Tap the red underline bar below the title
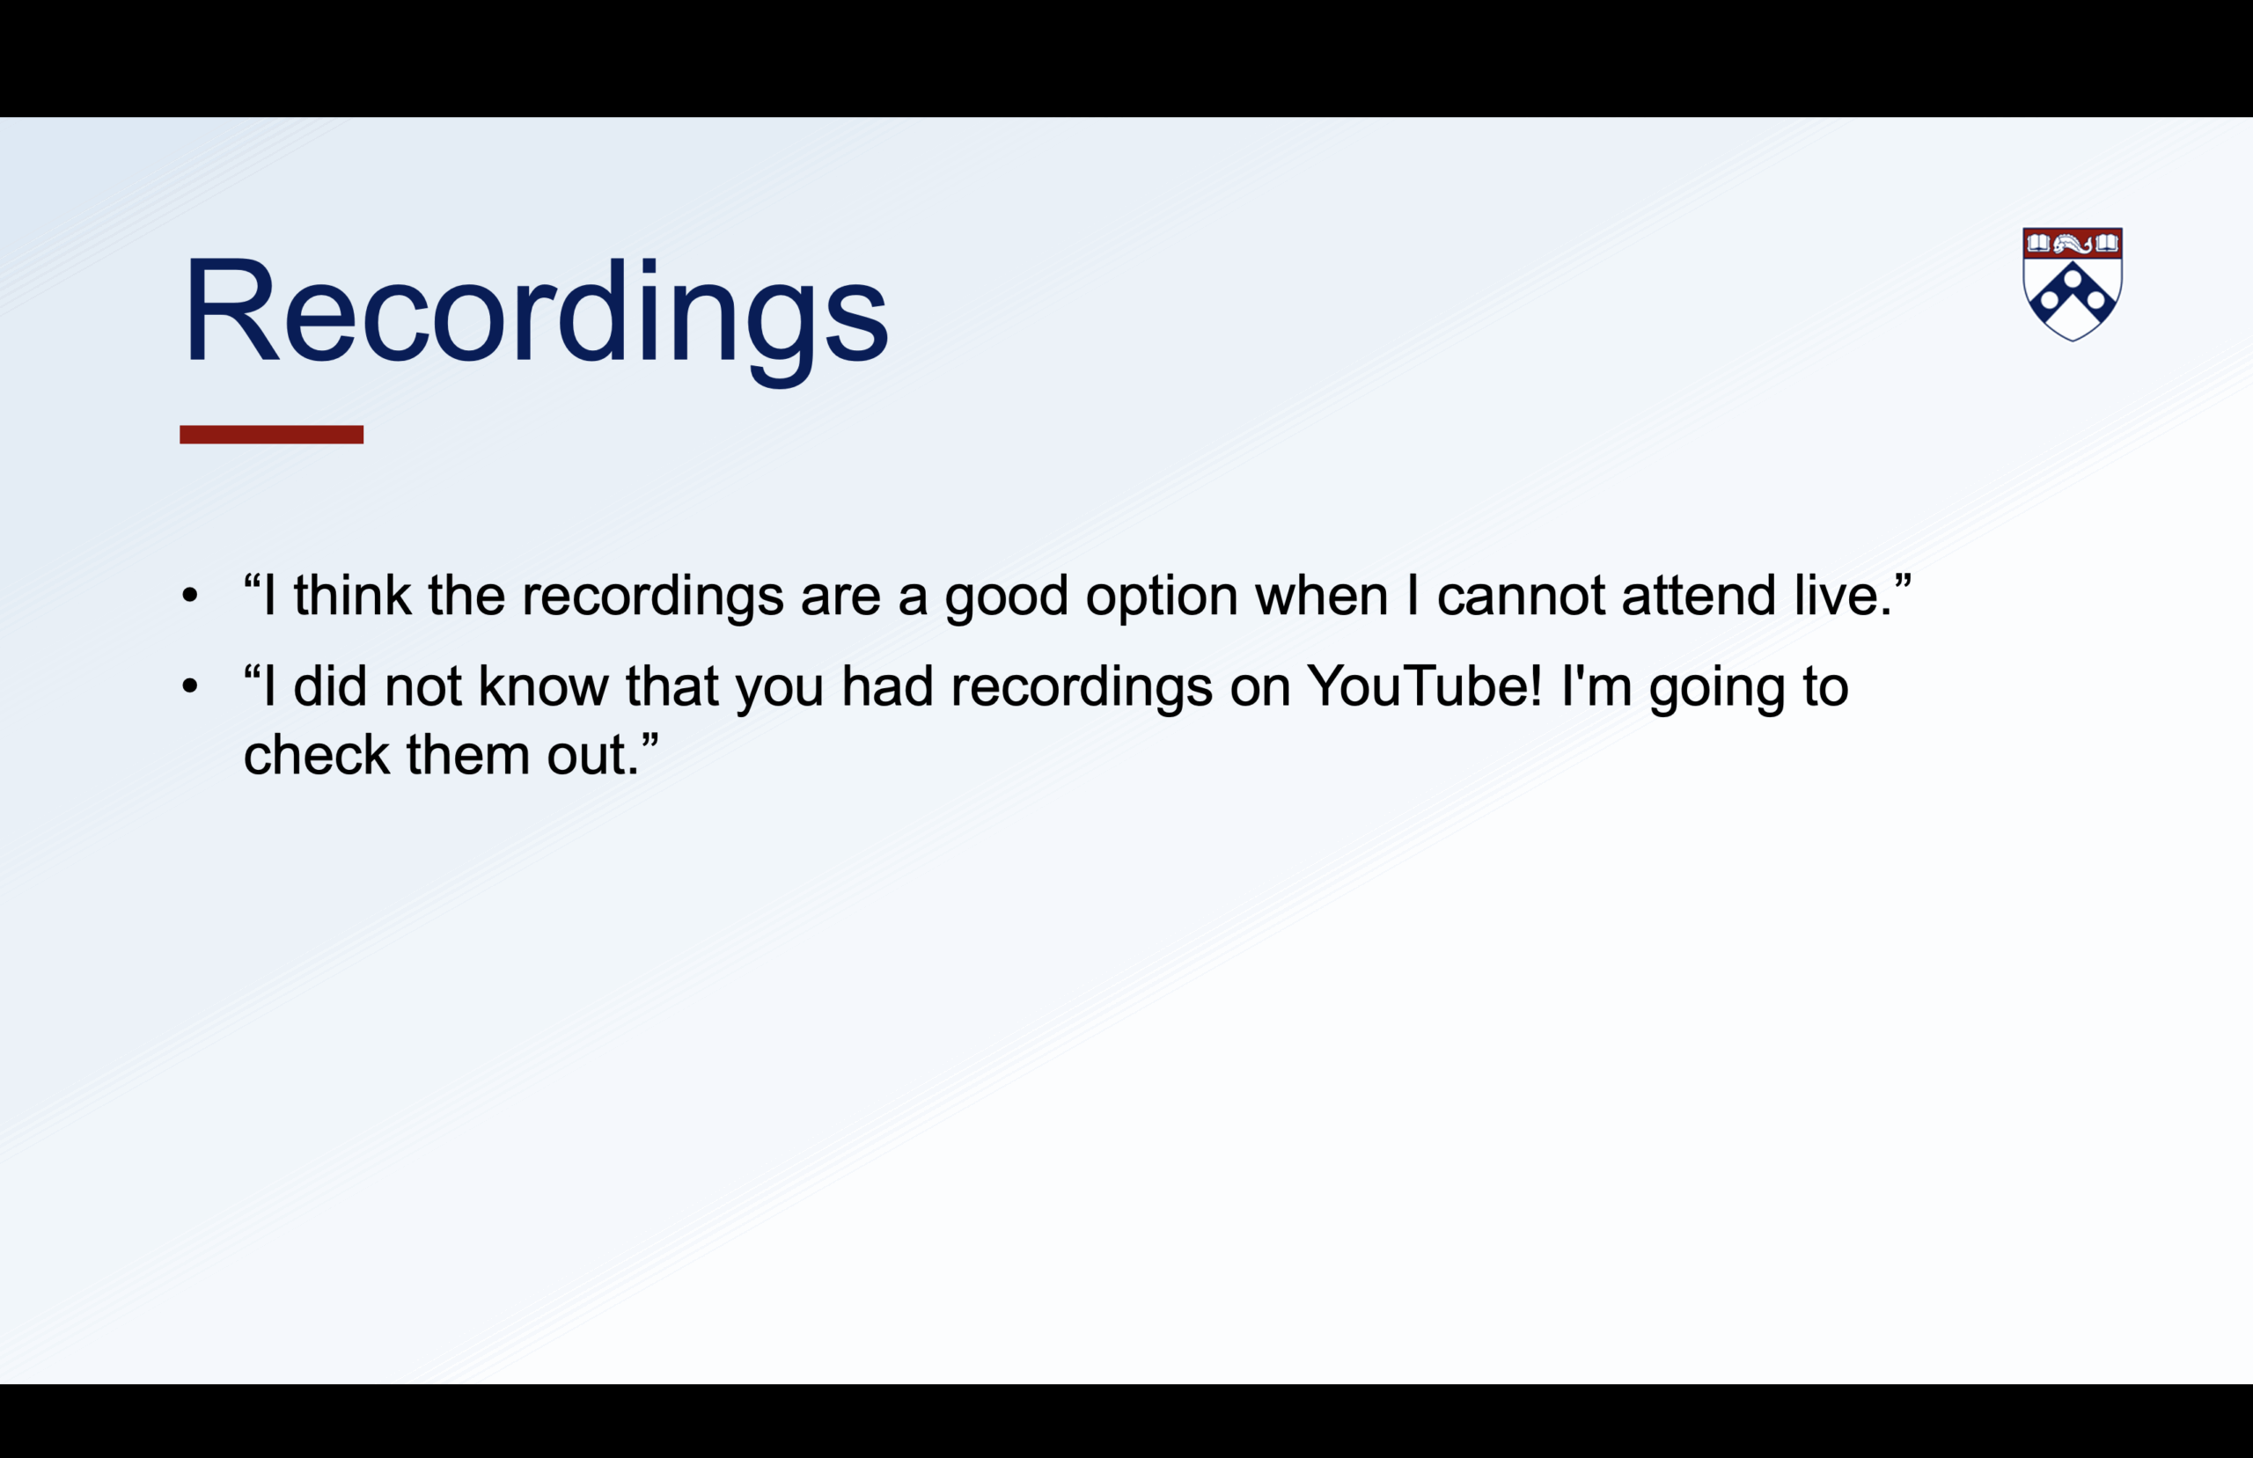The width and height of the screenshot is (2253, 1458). point(272,435)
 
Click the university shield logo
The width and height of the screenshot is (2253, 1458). point(2073,283)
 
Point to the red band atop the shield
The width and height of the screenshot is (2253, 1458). point(2073,244)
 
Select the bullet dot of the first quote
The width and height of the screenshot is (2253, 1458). point(190,596)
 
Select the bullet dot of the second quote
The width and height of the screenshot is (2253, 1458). point(190,686)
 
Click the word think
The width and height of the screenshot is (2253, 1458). point(352,596)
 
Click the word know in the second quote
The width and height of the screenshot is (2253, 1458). point(543,686)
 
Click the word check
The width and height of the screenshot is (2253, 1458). point(316,755)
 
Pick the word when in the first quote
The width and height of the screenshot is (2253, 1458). point(1322,596)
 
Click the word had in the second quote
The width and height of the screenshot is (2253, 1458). point(887,686)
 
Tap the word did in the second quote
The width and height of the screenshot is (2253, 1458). point(329,686)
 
